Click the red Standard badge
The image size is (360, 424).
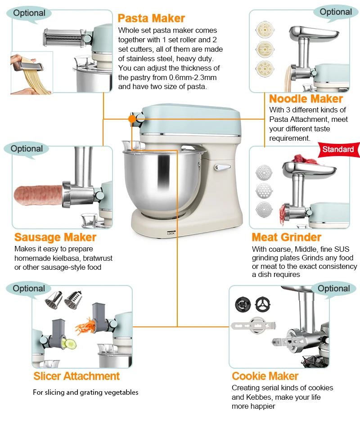(338, 149)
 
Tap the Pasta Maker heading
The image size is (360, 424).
(151, 18)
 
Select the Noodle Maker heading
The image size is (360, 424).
(306, 99)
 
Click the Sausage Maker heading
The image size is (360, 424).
(55, 237)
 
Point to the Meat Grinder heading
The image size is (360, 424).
(286, 237)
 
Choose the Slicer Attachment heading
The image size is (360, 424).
(76, 376)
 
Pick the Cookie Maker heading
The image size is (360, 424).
(265, 376)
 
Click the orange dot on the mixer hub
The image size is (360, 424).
(132, 119)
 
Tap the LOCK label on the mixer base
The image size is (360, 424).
(171, 233)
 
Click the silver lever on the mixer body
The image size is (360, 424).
(222, 168)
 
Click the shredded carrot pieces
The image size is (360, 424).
(85, 325)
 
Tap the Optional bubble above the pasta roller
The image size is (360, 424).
(29, 13)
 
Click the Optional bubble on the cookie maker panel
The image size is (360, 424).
(334, 289)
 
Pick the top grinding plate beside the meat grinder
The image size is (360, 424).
(264, 173)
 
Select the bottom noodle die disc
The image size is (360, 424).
(265, 68)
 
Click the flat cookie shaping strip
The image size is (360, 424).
(253, 325)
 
